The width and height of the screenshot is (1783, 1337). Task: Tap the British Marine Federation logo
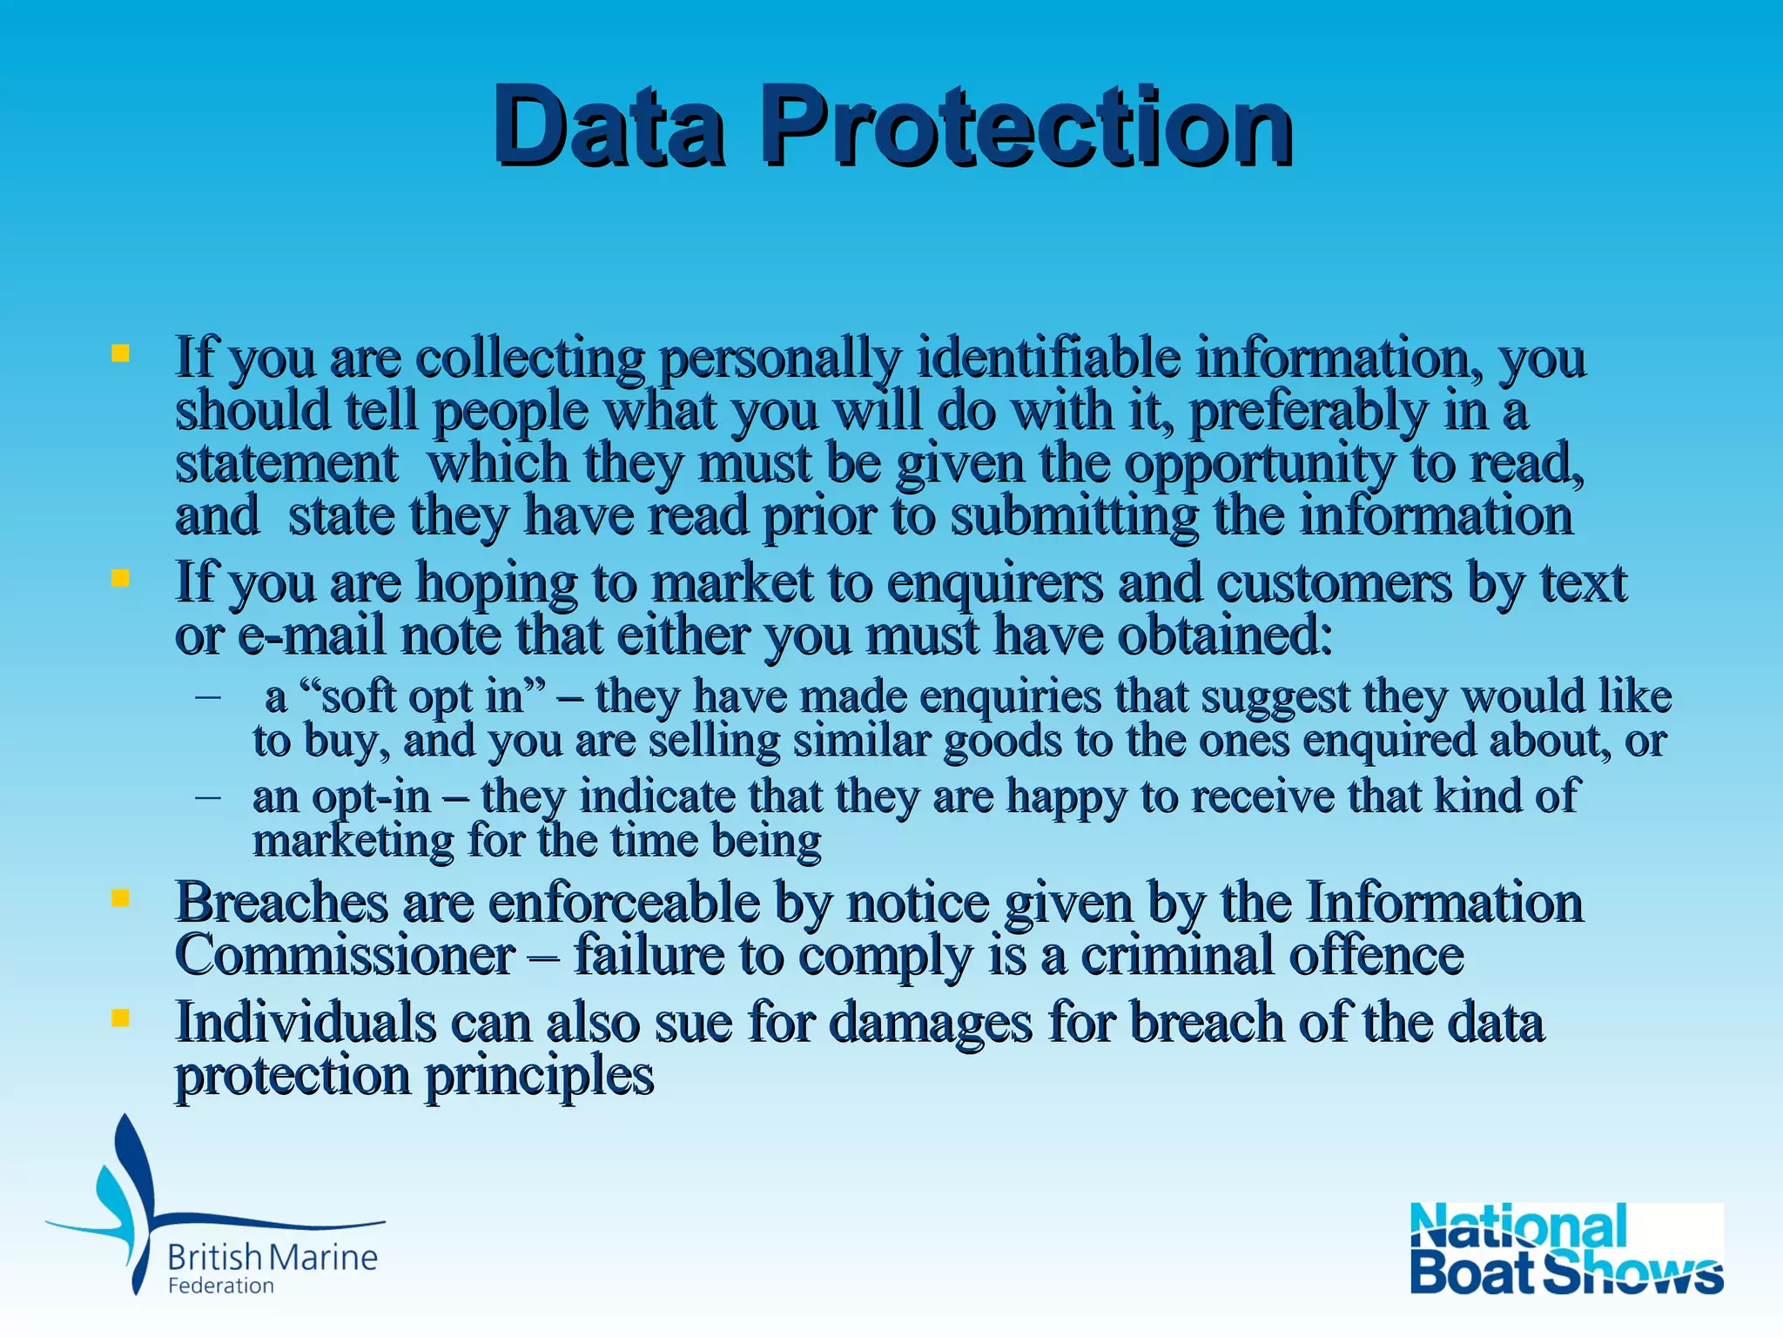pos(214,1210)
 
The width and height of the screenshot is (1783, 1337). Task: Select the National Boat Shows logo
pos(1566,1248)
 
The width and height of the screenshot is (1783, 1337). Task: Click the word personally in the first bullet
pos(779,358)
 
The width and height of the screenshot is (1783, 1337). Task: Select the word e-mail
pos(310,635)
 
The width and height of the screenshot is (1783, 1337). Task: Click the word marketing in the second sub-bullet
pos(353,841)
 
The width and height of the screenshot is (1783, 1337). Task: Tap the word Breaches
pos(281,902)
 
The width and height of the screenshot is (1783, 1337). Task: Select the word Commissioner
pos(345,955)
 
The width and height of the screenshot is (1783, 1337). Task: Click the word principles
pos(539,1075)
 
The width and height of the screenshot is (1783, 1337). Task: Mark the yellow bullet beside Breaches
pos(120,897)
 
